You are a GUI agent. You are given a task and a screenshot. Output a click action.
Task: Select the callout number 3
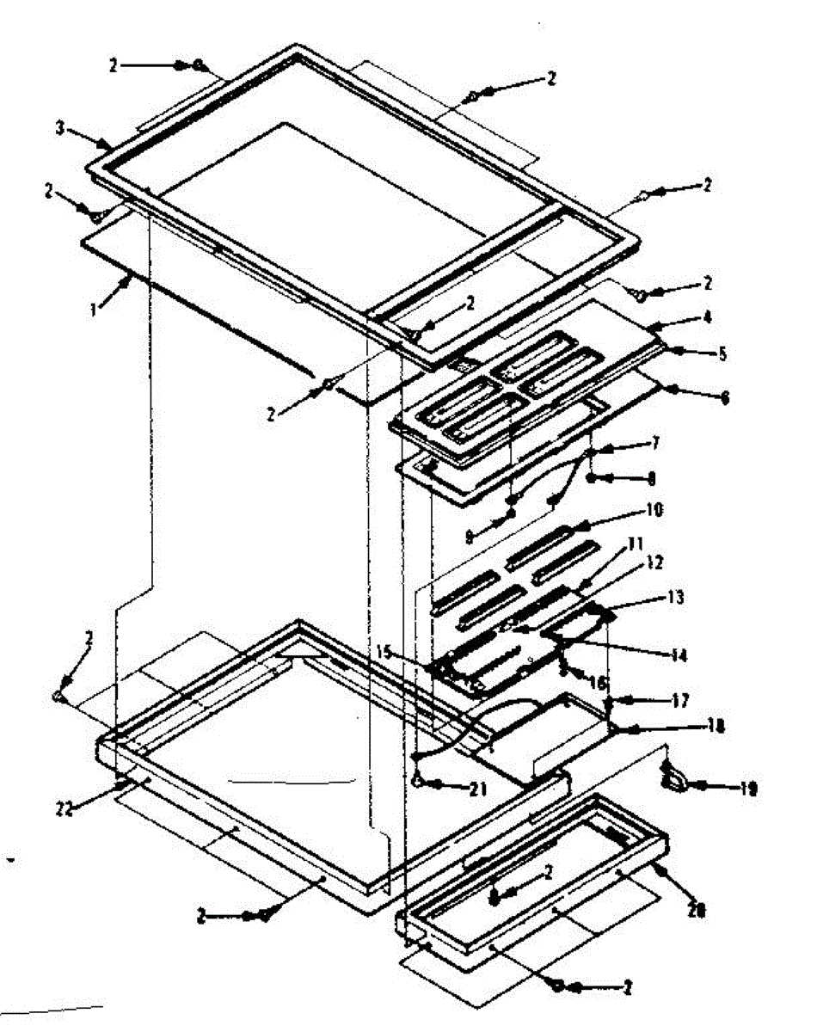coord(59,128)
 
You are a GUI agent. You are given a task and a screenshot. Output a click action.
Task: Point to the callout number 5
coord(722,353)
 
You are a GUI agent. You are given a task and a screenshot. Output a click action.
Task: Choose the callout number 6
coord(724,397)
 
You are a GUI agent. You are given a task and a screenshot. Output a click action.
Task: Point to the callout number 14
coord(679,655)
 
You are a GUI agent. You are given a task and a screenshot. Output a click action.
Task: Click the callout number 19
coord(747,788)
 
